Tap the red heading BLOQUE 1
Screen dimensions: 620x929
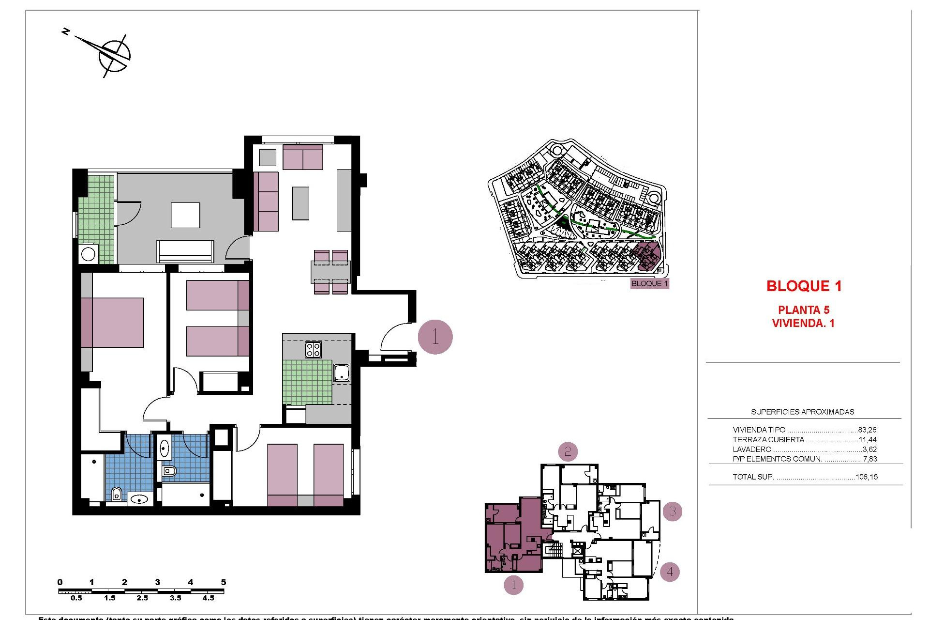pyautogui.click(x=804, y=286)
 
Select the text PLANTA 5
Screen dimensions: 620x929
pyautogui.click(x=803, y=310)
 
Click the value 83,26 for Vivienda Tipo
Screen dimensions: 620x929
pyautogui.click(x=867, y=430)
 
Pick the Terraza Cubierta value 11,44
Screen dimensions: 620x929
pyautogui.click(x=867, y=440)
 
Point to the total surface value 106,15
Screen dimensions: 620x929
pyautogui.click(x=866, y=477)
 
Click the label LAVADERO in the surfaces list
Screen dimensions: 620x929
pyautogui.click(x=752, y=449)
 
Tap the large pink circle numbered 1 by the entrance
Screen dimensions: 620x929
pyautogui.click(x=435, y=337)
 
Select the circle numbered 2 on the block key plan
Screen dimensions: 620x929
pyautogui.click(x=568, y=452)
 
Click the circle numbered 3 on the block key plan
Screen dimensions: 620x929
pyautogui.click(x=673, y=511)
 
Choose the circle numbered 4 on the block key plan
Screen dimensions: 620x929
pyautogui.click(x=670, y=572)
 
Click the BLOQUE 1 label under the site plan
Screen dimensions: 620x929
pyautogui.click(x=649, y=283)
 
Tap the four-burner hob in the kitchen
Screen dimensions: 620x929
pyautogui.click(x=313, y=349)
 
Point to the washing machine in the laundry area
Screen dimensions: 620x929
pyautogui.click(x=89, y=254)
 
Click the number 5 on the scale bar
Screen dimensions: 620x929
pyautogui.click(x=223, y=582)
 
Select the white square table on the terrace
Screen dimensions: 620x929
pyautogui.click(x=185, y=216)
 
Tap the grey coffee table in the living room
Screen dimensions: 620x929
pyautogui.click(x=300, y=203)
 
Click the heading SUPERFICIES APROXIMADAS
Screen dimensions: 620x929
pyautogui.click(x=802, y=412)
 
